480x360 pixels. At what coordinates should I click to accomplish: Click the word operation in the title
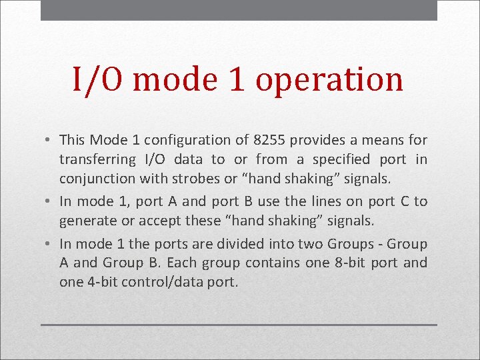click(329, 81)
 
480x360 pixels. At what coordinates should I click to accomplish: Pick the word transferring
click(97, 159)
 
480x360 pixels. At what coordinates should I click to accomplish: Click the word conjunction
click(97, 179)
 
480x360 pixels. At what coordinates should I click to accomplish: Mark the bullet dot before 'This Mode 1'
click(49, 141)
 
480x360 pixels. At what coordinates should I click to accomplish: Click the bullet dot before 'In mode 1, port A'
click(49, 201)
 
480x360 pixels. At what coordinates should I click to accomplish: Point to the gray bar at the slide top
click(239, 10)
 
